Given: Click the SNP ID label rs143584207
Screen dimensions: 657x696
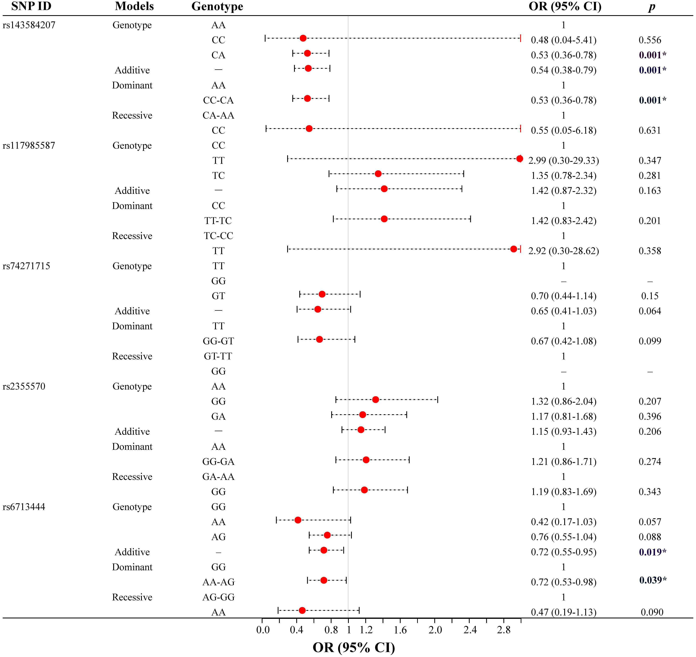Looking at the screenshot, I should [x=29, y=25].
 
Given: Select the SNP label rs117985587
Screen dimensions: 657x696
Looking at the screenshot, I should [x=29, y=146].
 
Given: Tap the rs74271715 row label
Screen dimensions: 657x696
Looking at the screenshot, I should [x=27, y=266].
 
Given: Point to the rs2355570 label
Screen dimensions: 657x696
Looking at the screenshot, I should [x=24, y=387].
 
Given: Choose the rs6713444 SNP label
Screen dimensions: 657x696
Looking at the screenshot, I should [x=24, y=507].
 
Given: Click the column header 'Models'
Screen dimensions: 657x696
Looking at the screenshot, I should [x=134, y=6].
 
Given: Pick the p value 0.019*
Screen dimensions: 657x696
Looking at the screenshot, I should [x=652, y=552].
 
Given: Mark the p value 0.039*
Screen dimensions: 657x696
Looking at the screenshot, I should [x=653, y=580].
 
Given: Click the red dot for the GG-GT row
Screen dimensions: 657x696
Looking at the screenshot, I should [x=319, y=339].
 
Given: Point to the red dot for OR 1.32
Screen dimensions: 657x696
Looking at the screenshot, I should [x=375, y=400].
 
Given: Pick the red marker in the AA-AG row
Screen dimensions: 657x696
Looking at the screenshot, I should [x=324, y=580].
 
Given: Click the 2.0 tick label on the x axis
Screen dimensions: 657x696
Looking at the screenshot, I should [x=435, y=630].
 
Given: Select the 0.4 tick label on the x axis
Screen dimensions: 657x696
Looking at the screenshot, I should [x=296, y=630].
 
